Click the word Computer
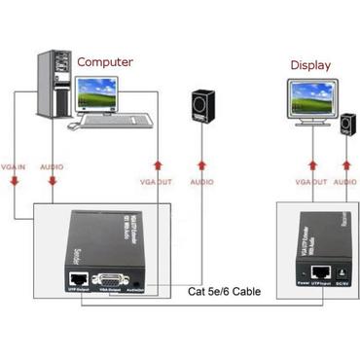point(105,61)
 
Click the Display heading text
point(310,65)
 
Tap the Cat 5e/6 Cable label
point(223,290)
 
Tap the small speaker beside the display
point(346,125)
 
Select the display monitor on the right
point(309,101)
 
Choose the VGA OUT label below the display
point(311,182)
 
